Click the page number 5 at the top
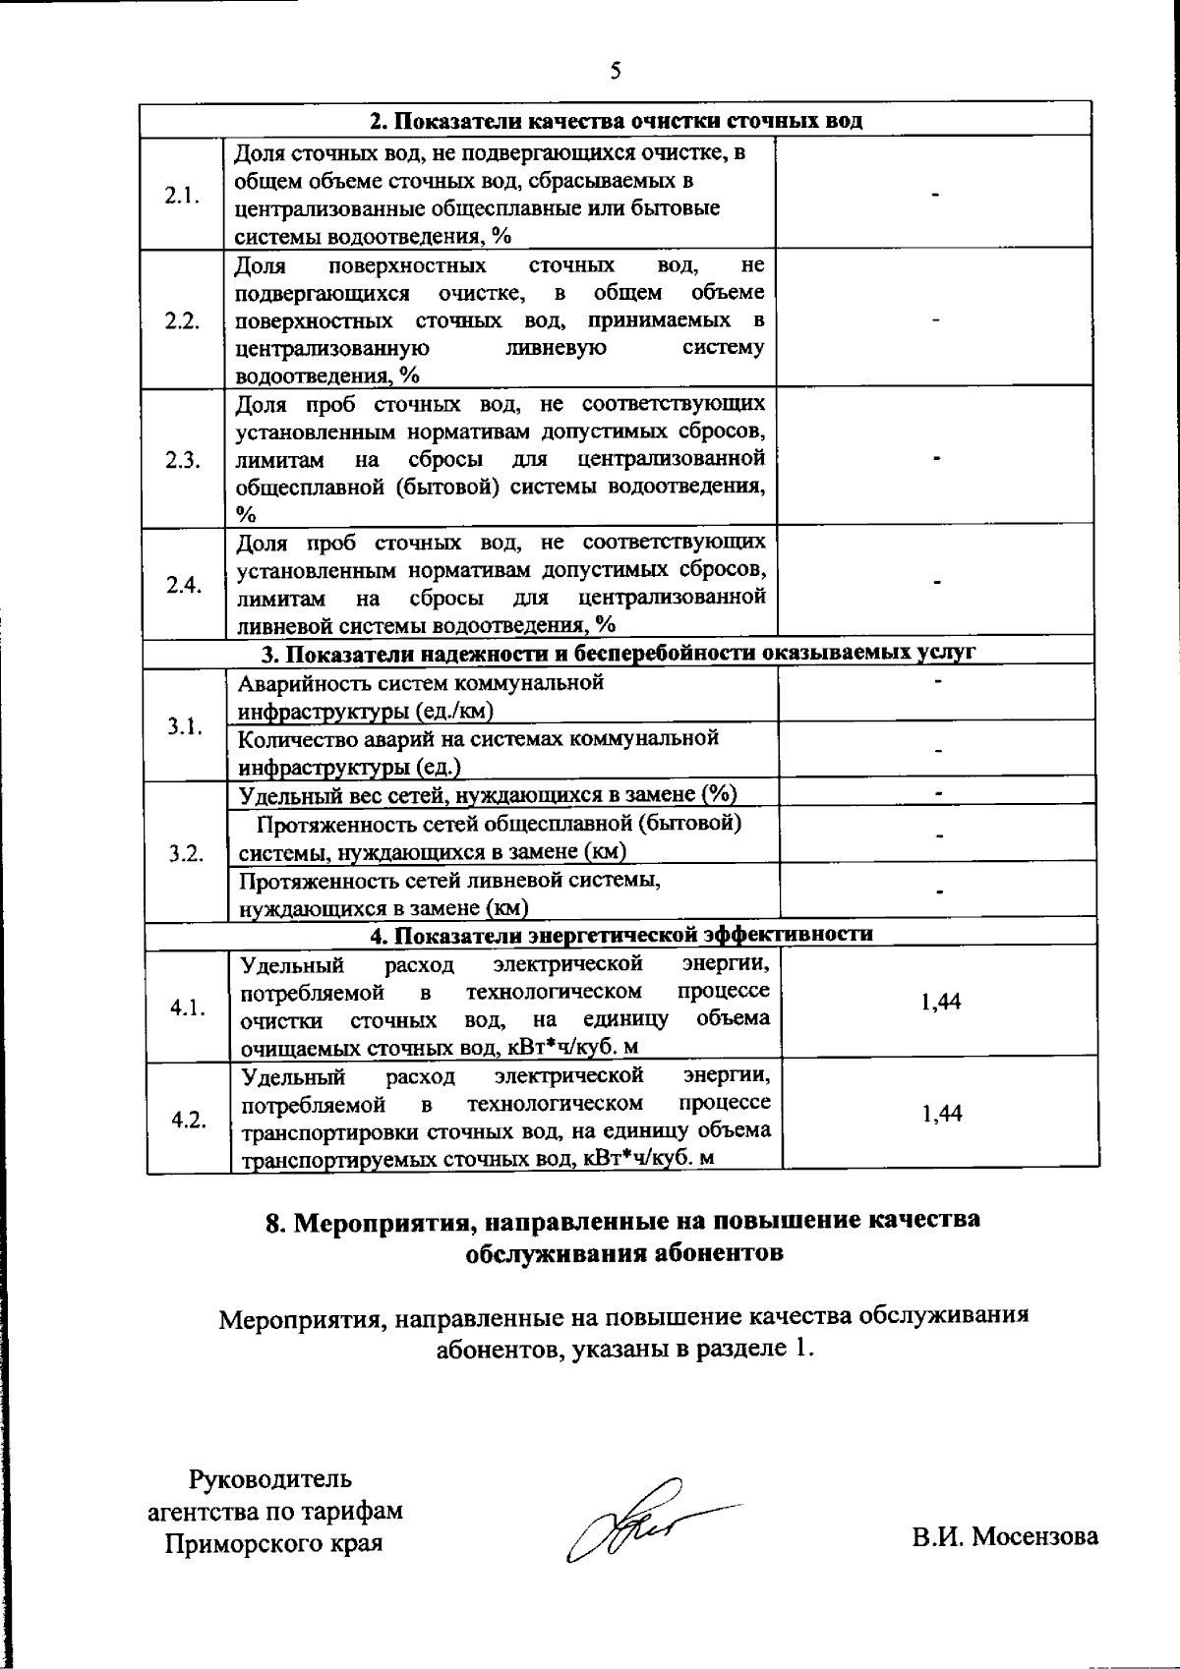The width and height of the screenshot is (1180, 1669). pos(616,71)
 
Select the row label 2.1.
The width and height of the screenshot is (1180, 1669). pos(182,195)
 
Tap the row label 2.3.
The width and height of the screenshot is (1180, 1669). pos(183,460)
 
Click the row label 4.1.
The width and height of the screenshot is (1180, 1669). pos(187,1007)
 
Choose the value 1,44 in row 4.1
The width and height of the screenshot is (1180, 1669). pos(941,1002)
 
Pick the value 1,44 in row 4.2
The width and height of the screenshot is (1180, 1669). pos(941,1113)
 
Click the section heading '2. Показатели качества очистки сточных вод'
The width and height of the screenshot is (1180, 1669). pos(616,121)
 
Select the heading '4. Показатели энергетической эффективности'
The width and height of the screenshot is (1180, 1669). pos(621,933)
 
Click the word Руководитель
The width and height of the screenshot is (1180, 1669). pos(270,1479)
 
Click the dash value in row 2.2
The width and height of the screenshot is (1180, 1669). pos(937,320)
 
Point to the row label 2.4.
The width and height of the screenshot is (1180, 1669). pos(184,585)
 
